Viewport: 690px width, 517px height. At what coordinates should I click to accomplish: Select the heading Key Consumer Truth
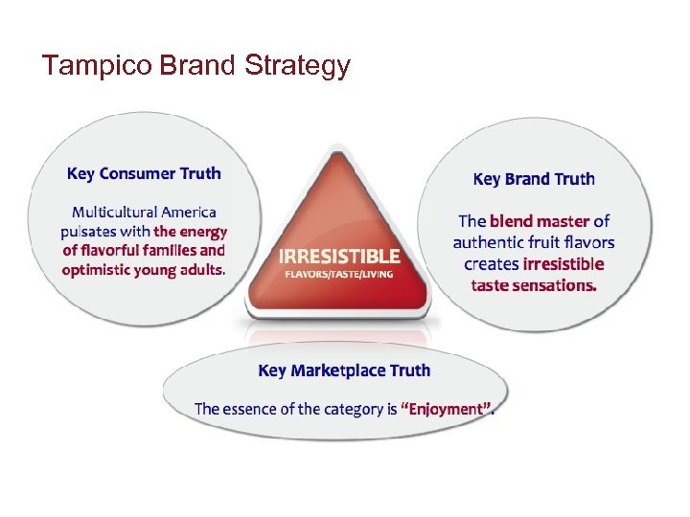point(144,173)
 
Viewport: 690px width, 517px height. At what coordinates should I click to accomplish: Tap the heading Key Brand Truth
point(534,179)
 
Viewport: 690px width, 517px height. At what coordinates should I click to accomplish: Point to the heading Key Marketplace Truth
point(344,371)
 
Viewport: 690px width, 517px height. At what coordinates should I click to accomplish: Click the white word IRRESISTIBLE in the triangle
point(339,257)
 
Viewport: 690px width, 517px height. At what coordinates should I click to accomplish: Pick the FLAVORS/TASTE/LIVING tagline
point(338,274)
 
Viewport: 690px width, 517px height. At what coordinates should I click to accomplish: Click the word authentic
point(491,243)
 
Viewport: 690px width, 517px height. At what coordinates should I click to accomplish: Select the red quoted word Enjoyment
point(448,409)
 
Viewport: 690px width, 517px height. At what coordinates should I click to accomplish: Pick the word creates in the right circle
point(492,264)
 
